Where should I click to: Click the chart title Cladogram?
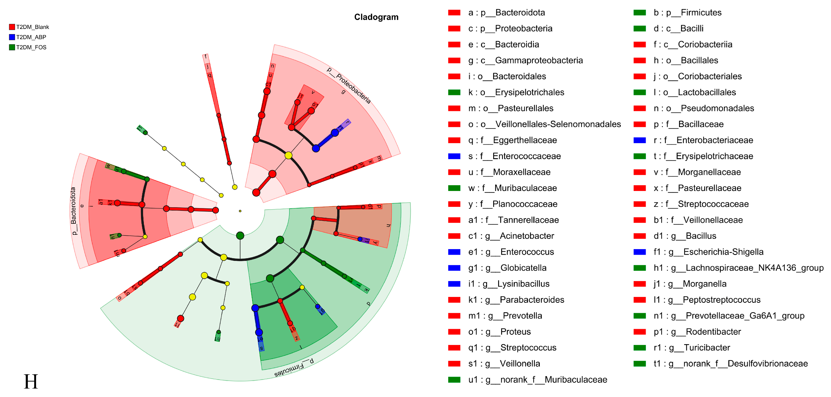pos(376,17)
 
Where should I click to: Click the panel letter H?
pos(31,382)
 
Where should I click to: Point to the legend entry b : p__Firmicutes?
pos(687,13)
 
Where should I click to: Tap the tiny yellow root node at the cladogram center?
pos(240,211)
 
